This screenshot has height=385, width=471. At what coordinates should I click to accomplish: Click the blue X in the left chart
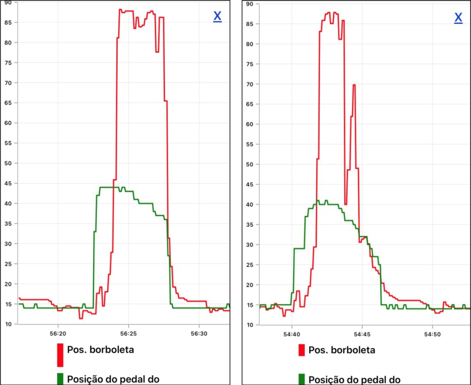tap(217, 17)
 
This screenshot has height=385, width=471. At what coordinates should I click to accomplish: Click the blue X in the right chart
tap(458, 18)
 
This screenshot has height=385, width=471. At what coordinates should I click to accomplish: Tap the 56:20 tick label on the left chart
tap(58, 333)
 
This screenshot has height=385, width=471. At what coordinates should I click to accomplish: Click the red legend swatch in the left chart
tap(60, 355)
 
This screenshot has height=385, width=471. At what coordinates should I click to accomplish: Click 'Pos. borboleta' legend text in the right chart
tap(342, 350)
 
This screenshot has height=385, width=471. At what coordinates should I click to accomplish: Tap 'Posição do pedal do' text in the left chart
tap(113, 379)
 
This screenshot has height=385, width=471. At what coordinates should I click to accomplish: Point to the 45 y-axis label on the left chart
tap(8, 183)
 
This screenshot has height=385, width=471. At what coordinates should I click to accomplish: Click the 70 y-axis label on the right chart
tap(250, 84)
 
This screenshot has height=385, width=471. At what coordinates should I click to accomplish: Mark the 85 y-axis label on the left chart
tap(8, 22)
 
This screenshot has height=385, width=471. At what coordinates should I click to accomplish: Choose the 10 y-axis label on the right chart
tap(250, 325)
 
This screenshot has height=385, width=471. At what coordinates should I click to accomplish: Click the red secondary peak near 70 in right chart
tap(354, 85)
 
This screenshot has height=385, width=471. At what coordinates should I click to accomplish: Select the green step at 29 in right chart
tap(299, 248)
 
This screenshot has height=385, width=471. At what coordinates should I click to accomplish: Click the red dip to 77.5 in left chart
tap(157, 52)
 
